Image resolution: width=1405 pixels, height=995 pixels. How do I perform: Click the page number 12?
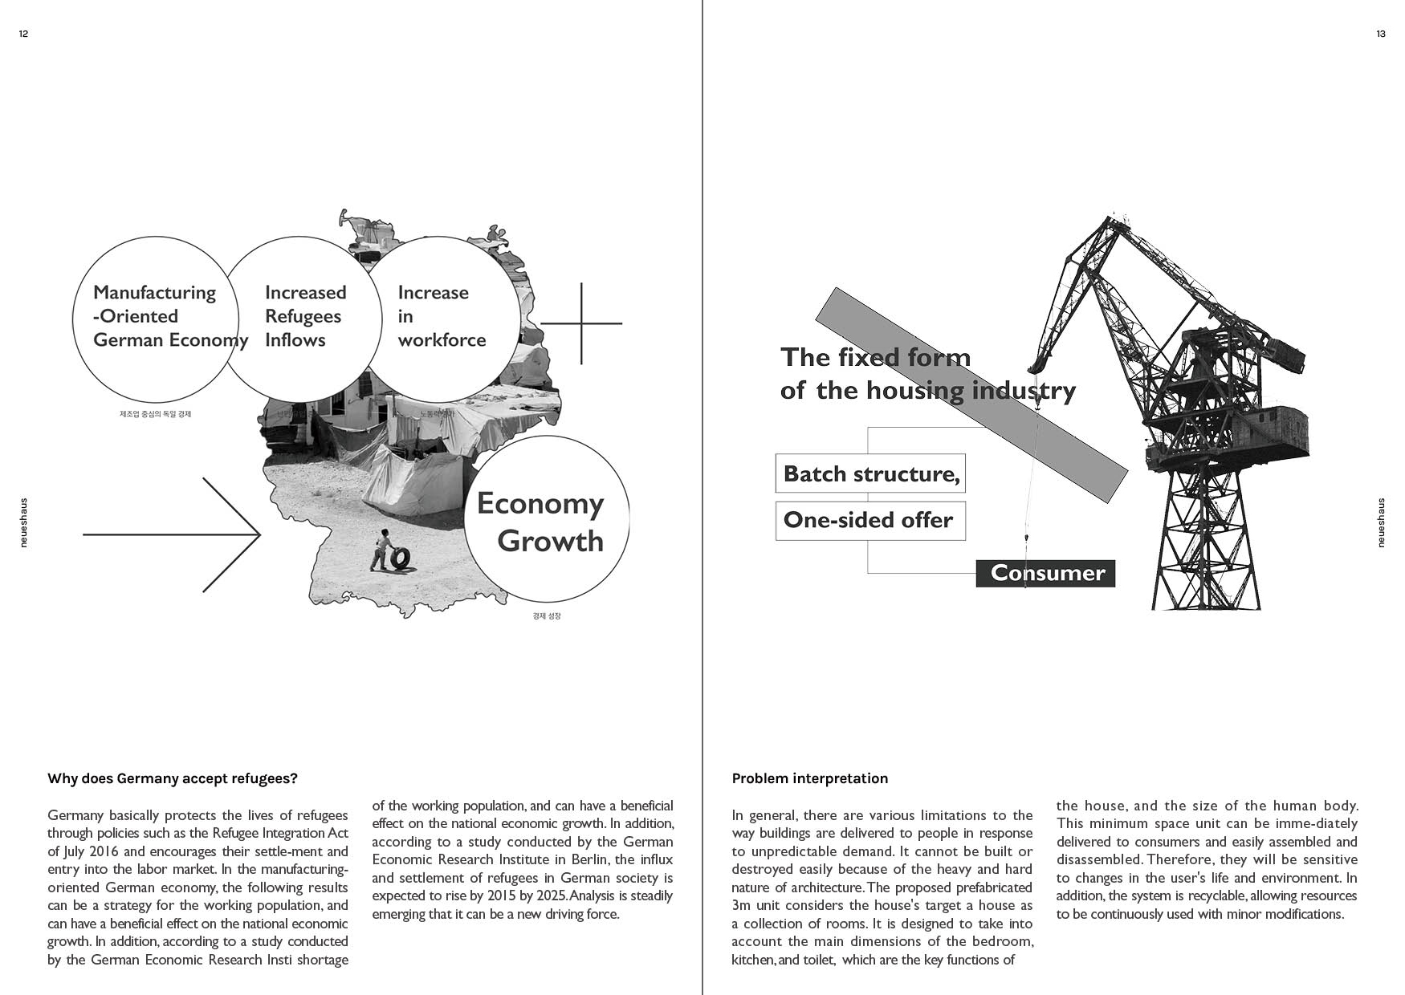tap(23, 34)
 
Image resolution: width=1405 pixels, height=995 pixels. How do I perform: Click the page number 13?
tap(1380, 34)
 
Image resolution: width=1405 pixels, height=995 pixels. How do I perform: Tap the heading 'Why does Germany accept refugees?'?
tap(173, 778)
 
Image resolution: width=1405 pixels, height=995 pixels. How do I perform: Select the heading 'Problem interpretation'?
tap(809, 778)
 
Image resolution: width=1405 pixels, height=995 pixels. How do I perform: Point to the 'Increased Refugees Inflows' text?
tap(305, 316)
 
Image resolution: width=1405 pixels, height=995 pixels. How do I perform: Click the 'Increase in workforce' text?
tap(441, 316)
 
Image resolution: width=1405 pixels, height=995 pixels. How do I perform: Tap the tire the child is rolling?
tap(400, 558)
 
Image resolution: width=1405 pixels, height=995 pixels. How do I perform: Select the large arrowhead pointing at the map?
tap(241, 534)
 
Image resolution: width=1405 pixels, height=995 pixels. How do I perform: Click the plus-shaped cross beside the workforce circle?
tap(581, 323)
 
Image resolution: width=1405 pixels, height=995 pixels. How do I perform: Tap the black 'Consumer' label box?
tap(1045, 573)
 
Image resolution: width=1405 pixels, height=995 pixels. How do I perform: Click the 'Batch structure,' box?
tap(870, 473)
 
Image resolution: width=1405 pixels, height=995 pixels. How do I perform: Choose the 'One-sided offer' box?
tap(870, 520)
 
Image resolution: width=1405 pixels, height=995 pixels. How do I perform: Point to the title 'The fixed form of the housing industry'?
tap(927, 373)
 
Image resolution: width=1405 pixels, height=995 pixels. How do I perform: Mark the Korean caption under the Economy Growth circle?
tap(547, 616)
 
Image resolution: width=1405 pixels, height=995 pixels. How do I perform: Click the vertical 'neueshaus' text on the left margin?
tap(23, 522)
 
